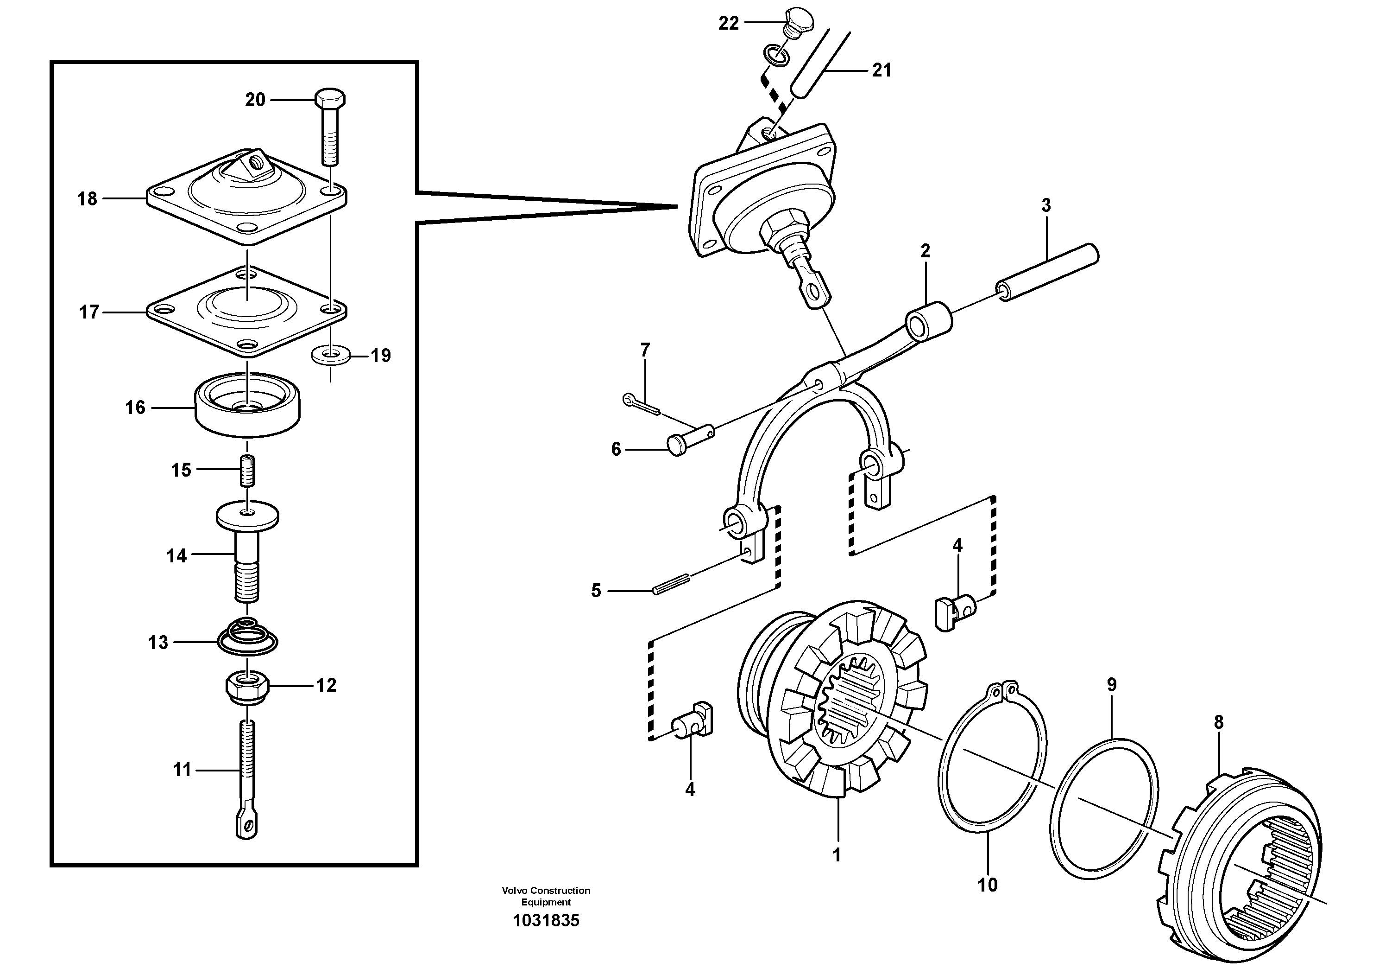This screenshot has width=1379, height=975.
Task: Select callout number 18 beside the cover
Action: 87,199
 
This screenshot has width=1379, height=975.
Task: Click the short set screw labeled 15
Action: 247,471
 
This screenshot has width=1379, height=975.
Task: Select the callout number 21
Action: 882,71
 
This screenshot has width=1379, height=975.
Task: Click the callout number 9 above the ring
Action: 1112,685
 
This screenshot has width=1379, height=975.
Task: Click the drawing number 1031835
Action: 546,921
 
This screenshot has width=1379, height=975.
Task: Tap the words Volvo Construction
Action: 546,890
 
